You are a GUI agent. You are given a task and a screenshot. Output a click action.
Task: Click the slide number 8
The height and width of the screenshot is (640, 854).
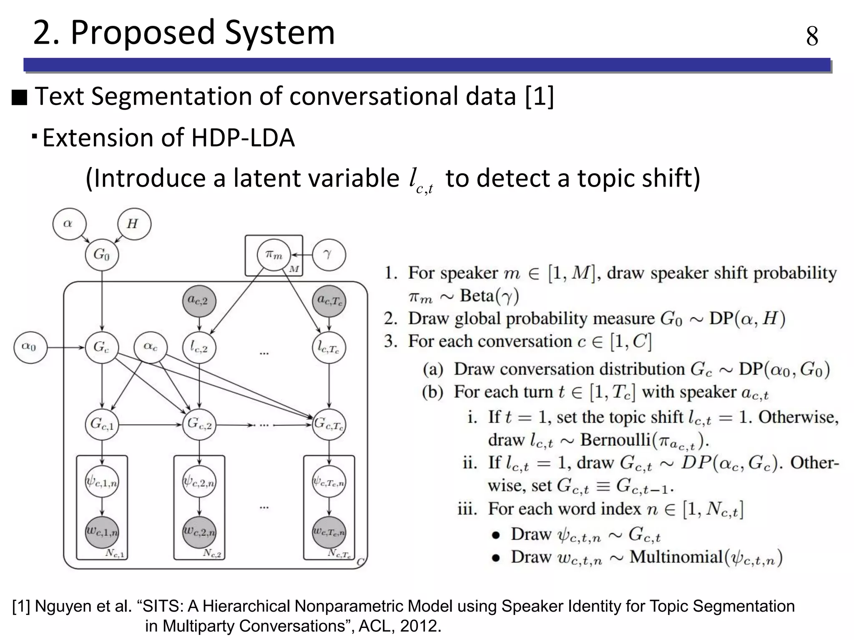point(812,36)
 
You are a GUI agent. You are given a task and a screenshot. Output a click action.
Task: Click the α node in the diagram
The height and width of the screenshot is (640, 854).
point(69,224)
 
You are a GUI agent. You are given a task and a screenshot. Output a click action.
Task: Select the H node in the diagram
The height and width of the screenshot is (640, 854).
point(134,224)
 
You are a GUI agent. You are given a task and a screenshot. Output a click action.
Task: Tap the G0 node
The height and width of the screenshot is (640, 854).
point(102,254)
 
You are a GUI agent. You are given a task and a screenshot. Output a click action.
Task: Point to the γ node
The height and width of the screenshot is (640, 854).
point(329,254)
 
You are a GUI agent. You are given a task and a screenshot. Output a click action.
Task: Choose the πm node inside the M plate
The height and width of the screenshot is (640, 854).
point(274,254)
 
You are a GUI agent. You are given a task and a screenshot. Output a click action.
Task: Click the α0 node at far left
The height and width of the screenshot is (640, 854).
point(30,347)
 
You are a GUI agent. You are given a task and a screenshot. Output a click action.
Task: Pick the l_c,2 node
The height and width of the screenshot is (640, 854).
point(199,347)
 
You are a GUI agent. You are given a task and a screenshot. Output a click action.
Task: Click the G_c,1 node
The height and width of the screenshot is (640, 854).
point(102,425)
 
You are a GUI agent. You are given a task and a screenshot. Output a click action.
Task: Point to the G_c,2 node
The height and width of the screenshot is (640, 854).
point(199,425)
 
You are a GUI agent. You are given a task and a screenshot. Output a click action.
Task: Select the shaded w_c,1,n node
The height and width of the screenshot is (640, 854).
point(102,532)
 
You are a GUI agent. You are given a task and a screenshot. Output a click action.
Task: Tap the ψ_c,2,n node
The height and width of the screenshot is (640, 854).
point(199,482)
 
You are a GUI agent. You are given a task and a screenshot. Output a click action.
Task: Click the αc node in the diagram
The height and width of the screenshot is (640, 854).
point(151,347)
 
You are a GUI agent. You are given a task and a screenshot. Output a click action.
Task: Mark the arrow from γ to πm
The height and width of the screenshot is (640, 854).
point(301,255)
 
